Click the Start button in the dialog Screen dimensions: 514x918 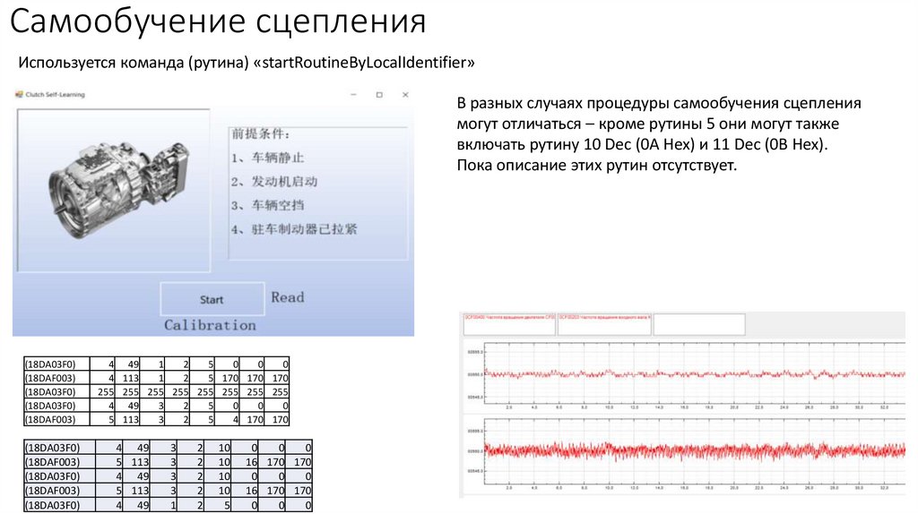[x=212, y=299]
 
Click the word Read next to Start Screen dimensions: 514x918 [x=288, y=297]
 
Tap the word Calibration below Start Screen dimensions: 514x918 [x=210, y=325]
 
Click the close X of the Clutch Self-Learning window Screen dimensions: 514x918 [x=405, y=94]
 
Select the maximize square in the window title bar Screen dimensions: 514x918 [x=379, y=94]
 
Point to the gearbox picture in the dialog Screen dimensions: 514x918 [x=111, y=184]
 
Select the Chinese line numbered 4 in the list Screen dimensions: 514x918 [x=293, y=229]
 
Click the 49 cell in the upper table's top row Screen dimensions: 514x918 [x=133, y=364]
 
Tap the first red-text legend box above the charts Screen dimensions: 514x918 [x=509, y=324]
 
